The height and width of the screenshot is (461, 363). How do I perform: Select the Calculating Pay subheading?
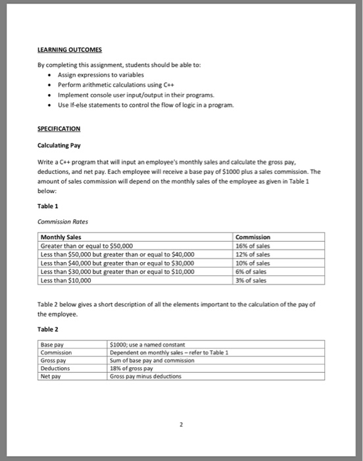(61, 144)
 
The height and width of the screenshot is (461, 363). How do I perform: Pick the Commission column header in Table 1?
(253, 237)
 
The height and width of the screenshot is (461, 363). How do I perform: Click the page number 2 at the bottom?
(181, 426)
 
